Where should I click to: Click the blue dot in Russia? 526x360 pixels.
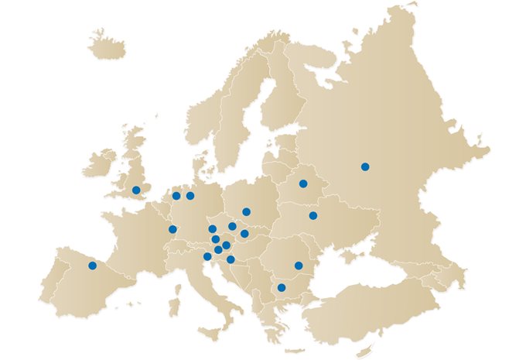coord(365,166)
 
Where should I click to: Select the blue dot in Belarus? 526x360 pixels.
coord(303,183)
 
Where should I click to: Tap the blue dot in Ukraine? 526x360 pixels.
coord(313,215)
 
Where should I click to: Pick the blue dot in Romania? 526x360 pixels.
coord(299,266)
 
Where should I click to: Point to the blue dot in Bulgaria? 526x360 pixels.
coord(282,288)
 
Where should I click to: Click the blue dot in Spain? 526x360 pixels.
coord(92,266)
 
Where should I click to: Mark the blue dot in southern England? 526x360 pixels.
coord(136,190)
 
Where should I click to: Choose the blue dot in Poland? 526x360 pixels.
coord(246,211)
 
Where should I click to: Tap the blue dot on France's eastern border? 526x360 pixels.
coord(172,229)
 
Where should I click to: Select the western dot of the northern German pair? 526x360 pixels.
coord(176,196)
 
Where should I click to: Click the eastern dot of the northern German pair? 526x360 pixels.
coord(190,196)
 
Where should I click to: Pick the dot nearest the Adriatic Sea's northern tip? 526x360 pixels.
coord(207,256)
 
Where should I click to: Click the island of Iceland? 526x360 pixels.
coord(106,47)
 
